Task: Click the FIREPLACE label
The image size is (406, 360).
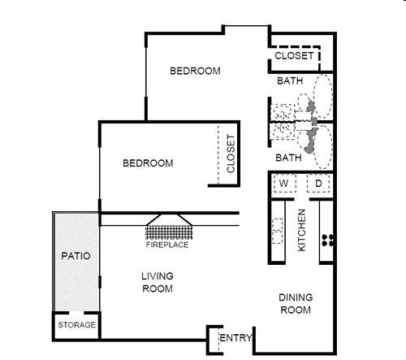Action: [167, 245]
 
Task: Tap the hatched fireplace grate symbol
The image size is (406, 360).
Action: [169, 232]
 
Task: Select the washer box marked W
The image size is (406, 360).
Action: [284, 184]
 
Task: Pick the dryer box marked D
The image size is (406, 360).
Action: [318, 184]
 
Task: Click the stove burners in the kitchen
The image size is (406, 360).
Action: [328, 241]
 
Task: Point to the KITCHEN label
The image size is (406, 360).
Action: [301, 230]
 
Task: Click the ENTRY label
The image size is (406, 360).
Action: [235, 338]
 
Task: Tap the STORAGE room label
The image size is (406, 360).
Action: [77, 325]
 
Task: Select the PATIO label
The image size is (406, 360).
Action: [76, 256]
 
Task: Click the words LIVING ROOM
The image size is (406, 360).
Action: [158, 283]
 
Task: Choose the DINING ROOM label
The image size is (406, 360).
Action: [296, 304]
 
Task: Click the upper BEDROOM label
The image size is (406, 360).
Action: [195, 71]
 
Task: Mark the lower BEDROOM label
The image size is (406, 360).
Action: [148, 163]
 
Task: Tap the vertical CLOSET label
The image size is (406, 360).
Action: [231, 154]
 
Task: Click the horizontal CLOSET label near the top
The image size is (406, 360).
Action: [294, 56]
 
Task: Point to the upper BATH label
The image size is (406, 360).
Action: [290, 80]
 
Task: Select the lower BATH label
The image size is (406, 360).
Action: [288, 158]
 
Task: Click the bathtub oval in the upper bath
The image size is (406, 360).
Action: [323, 96]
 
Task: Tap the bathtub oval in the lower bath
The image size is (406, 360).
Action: [323, 147]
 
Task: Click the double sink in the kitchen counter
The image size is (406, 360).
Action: [278, 231]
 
